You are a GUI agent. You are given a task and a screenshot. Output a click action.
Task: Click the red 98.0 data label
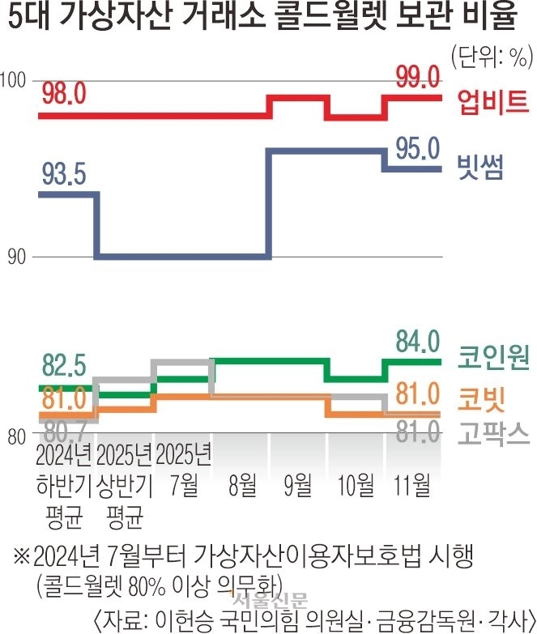(63, 93)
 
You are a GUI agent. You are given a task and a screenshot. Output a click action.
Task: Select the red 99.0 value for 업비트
(417, 77)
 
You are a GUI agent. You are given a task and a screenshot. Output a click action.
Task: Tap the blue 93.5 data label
(63, 172)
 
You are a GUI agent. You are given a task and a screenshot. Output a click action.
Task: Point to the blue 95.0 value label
(417, 147)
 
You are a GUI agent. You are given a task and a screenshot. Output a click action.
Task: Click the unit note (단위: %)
(490, 56)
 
